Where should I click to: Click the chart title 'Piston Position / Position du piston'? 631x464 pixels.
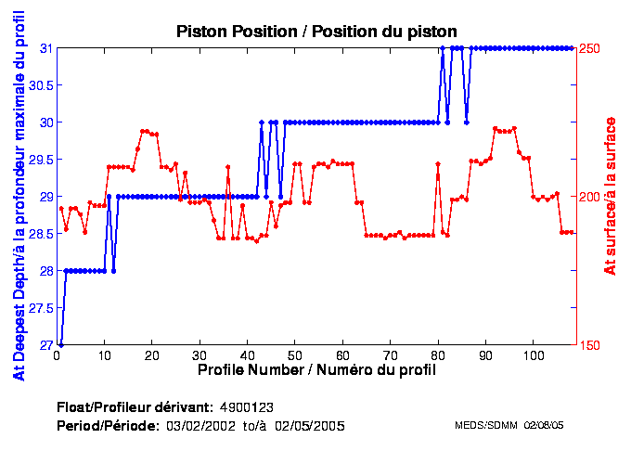pos(315,32)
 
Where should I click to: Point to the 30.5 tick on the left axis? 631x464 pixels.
pos(41,85)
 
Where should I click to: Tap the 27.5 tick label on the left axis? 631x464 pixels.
pos(41,308)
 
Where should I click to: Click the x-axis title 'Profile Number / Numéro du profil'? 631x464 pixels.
pos(316,369)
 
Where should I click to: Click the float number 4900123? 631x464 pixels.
pos(246,407)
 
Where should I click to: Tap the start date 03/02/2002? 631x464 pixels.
pos(198,425)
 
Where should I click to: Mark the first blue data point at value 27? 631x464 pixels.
pos(61,344)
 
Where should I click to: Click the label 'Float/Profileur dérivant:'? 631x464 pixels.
pos(134,407)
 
